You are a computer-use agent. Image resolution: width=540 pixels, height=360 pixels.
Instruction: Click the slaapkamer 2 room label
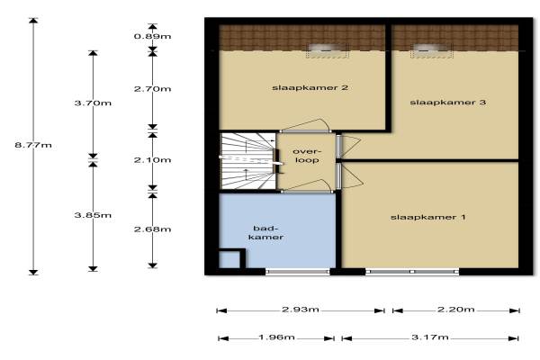pos(310,88)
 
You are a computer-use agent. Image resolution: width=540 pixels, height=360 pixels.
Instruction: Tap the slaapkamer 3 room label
pos(447,103)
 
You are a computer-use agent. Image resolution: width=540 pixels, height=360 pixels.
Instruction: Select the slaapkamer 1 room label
pos(428,218)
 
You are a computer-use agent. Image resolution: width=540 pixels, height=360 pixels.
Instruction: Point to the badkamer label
pos(265,232)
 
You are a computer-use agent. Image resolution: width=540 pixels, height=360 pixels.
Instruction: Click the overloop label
pos(306,156)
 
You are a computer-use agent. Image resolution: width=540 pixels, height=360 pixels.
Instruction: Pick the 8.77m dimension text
pos(33,145)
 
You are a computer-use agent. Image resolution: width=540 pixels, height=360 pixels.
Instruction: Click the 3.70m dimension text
pos(93,103)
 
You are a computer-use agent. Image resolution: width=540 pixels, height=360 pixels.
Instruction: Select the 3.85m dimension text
pos(93,215)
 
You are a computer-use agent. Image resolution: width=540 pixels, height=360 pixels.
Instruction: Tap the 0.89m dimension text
pos(153,36)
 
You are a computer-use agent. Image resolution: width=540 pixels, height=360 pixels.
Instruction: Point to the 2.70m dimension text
pos(153,89)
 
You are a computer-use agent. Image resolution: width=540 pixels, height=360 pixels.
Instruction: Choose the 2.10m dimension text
pos(153,160)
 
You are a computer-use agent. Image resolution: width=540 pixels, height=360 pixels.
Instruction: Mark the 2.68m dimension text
pos(153,229)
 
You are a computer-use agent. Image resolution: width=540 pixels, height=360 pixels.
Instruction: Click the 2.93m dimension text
pos(301,310)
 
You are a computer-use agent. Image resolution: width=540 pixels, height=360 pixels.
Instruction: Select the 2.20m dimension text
pos(456,310)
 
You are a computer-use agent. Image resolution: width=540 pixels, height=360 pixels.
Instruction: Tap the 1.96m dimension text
pos(276,337)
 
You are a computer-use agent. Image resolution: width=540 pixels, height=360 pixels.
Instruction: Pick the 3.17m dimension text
pos(430,337)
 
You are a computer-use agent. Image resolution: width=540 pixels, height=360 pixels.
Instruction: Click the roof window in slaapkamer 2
pos(327,51)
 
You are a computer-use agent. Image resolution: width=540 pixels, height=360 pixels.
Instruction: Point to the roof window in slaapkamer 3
pos(431,51)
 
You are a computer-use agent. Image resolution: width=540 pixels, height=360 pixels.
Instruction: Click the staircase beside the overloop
pos(248,161)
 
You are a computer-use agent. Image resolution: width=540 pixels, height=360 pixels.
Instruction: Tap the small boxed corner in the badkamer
pos(232,258)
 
